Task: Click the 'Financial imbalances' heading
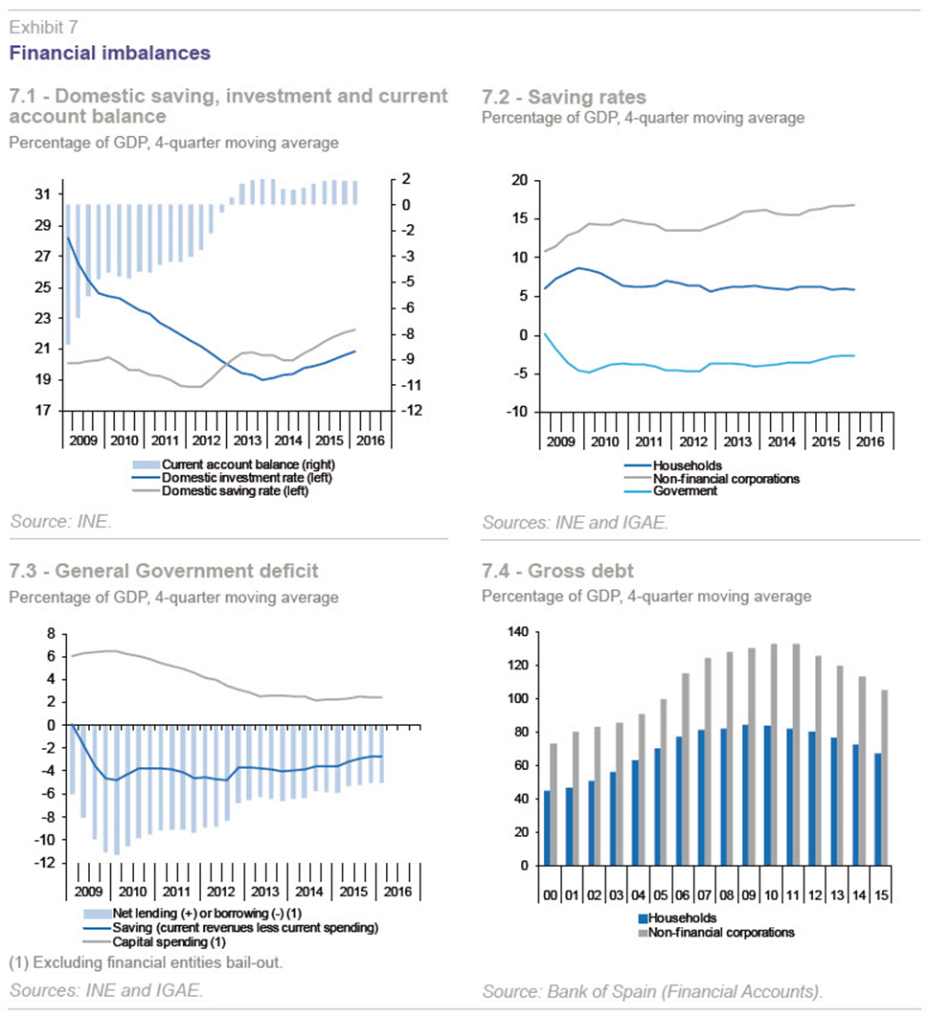pyautogui.click(x=110, y=53)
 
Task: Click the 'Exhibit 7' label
pyautogui.click(x=43, y=27)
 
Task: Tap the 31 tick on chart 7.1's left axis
pyautogui.click(x=43, y=194)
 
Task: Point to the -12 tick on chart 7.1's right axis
pyautogui.click(x=411, y=410)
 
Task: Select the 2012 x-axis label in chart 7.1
pyautogui.click(x=206, y=441)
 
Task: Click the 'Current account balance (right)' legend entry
pyautogui.click(x=248, y=464)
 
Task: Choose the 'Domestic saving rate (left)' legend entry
pyautogui.click(x=235, y=491)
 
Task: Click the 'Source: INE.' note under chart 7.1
pyautogui.click(x=60, y=521)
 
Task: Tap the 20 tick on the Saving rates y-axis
pyautogui.click(x=520, y=180)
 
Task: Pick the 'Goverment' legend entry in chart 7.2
pyautogui.click(x=685, y=491)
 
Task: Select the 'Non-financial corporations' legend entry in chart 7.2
pyautogui.click(x=726, y=479)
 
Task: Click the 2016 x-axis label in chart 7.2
pyautogui.click(x=871, y=441)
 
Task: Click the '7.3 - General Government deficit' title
pyautogui.click(x=164, y=571)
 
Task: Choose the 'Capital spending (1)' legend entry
pyautogui.click(x=169, y=941)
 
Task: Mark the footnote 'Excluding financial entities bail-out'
pyautogui.click(x=156, y=962)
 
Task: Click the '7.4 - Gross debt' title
pyautogui.click(x=557, y=571)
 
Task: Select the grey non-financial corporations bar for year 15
pyautogui.click(x=885, y=778)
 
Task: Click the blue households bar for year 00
pyautogui.click(x=547, y=827)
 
